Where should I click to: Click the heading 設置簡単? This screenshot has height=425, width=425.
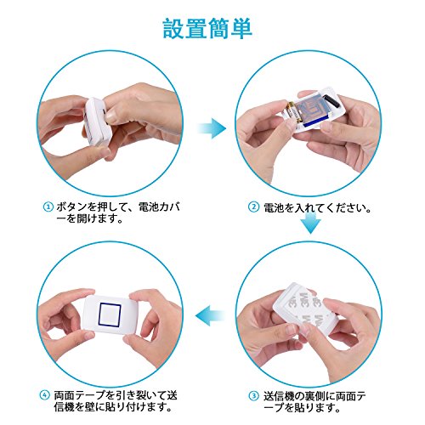coord(207,28)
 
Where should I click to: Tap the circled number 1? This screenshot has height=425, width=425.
coord(48,207)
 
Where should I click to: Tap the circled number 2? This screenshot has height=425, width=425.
coord(253,207)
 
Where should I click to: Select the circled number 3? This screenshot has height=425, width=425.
coord(254,396)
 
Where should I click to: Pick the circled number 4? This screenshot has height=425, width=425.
coord(44,395)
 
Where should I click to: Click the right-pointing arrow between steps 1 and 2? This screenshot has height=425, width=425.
coord(212,128)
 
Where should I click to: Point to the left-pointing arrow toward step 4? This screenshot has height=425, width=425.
coord(210,315)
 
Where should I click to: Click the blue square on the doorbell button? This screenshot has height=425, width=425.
coord(110,314)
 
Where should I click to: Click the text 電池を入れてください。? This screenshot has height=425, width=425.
coord(318,208)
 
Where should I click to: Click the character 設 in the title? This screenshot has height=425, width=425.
coord(173,28)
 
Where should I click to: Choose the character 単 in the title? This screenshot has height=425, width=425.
coord(241,28)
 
